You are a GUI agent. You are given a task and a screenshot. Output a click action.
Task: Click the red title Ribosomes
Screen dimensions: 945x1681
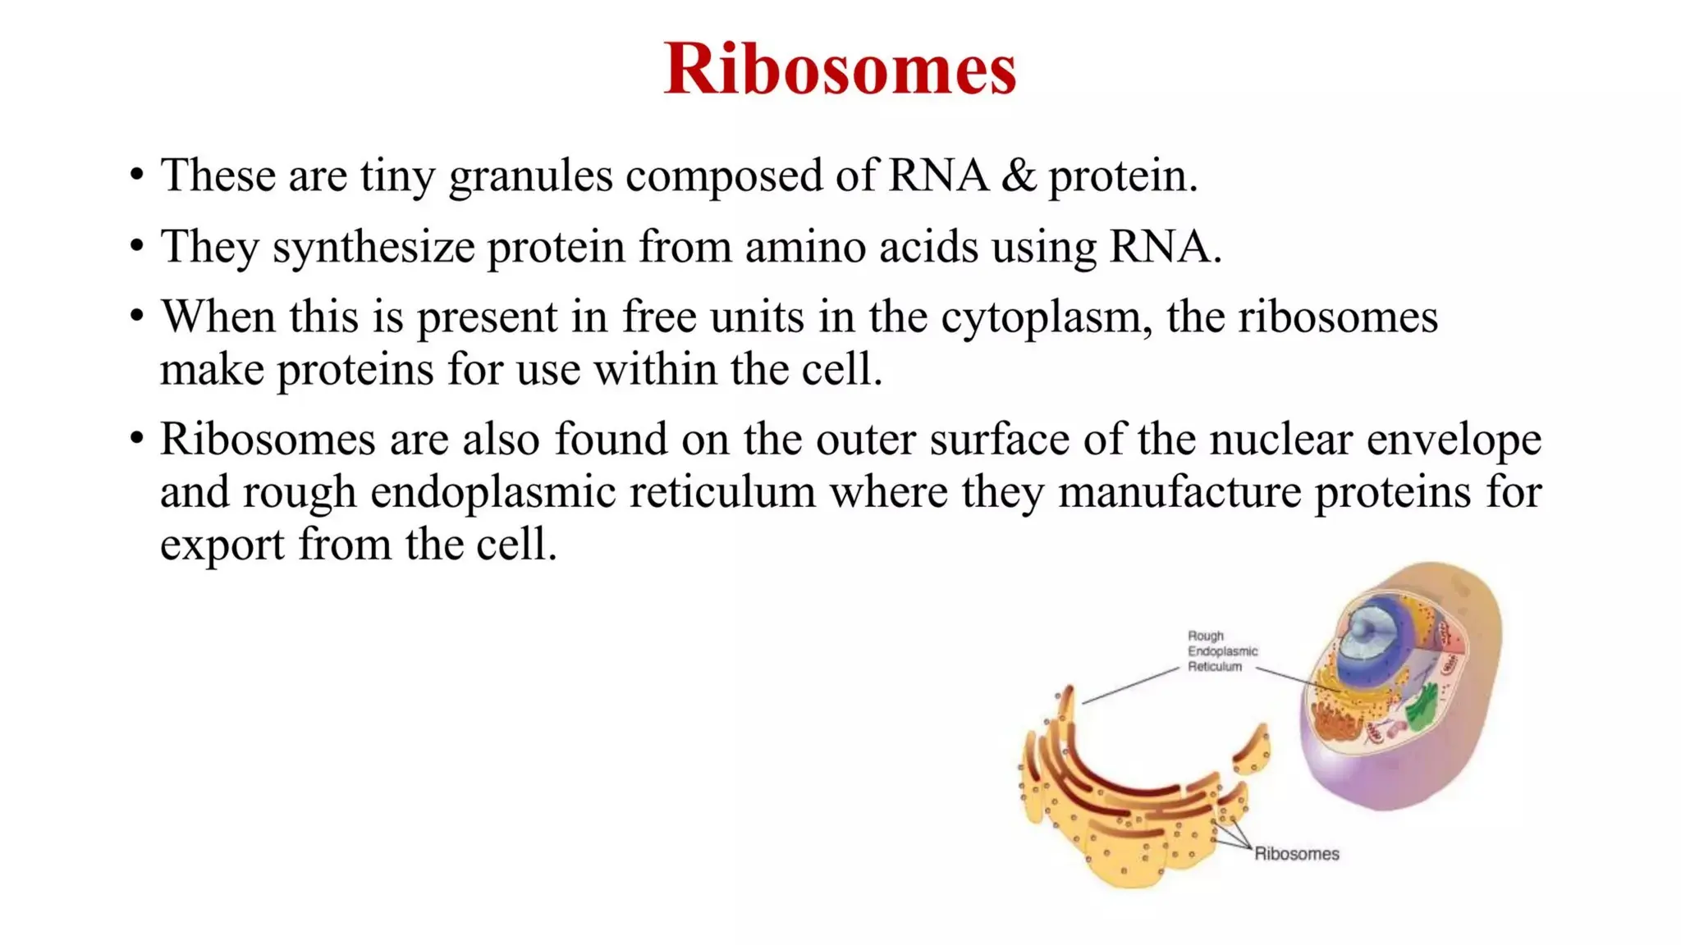tap(840, 69)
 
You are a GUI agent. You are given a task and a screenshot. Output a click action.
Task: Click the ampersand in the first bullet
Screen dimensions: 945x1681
tap(1018, 176)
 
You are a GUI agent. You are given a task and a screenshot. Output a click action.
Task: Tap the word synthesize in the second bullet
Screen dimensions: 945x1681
tap(373, 246)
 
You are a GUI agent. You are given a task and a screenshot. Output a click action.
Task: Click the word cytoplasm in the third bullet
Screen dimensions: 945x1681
tap(1041, 317)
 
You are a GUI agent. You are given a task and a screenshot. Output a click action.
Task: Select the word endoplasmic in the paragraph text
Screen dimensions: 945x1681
tap(492, 492)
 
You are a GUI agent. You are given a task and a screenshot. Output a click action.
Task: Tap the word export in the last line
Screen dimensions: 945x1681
tap(222, 545)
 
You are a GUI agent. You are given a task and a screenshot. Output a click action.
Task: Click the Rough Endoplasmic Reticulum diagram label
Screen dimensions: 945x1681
tap(1221, 651)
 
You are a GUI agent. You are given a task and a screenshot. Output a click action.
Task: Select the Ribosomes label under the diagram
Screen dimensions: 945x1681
tap(1296, 854)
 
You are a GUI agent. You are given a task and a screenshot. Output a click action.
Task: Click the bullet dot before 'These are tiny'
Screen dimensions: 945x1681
tap(136, 176)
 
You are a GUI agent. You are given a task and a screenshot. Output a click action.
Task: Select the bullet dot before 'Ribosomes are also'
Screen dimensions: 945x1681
tap(136, 439)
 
